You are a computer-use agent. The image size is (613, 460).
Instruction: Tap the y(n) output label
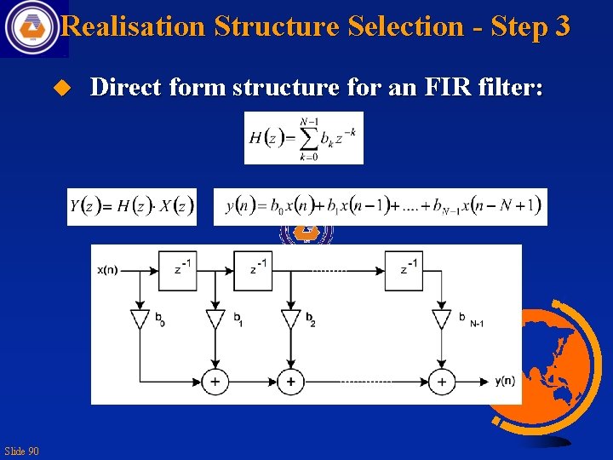tap(504, 381)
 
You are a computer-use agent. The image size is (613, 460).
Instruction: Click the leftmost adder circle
tap(215, 382)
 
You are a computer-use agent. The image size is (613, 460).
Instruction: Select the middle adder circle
tap(291, 382)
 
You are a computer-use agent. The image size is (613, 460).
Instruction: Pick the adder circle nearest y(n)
tap(441, 382)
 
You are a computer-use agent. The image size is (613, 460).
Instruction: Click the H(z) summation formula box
tap(304, 138)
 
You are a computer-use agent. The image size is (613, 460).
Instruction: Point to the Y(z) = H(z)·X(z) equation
tap(132, 206)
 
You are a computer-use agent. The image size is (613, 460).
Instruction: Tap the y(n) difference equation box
tap(381, 206)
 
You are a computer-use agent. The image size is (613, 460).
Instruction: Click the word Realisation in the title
tap(134, 26)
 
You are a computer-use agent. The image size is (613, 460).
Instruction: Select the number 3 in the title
tap(561, 26)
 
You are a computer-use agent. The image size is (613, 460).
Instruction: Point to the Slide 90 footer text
tap(21, 451)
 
